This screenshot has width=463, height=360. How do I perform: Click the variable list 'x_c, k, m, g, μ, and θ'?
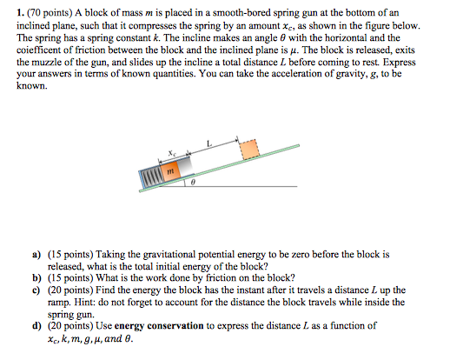95,337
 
